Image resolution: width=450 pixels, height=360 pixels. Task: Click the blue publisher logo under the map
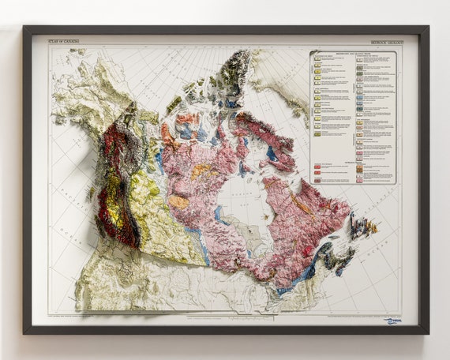click(392, 321)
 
